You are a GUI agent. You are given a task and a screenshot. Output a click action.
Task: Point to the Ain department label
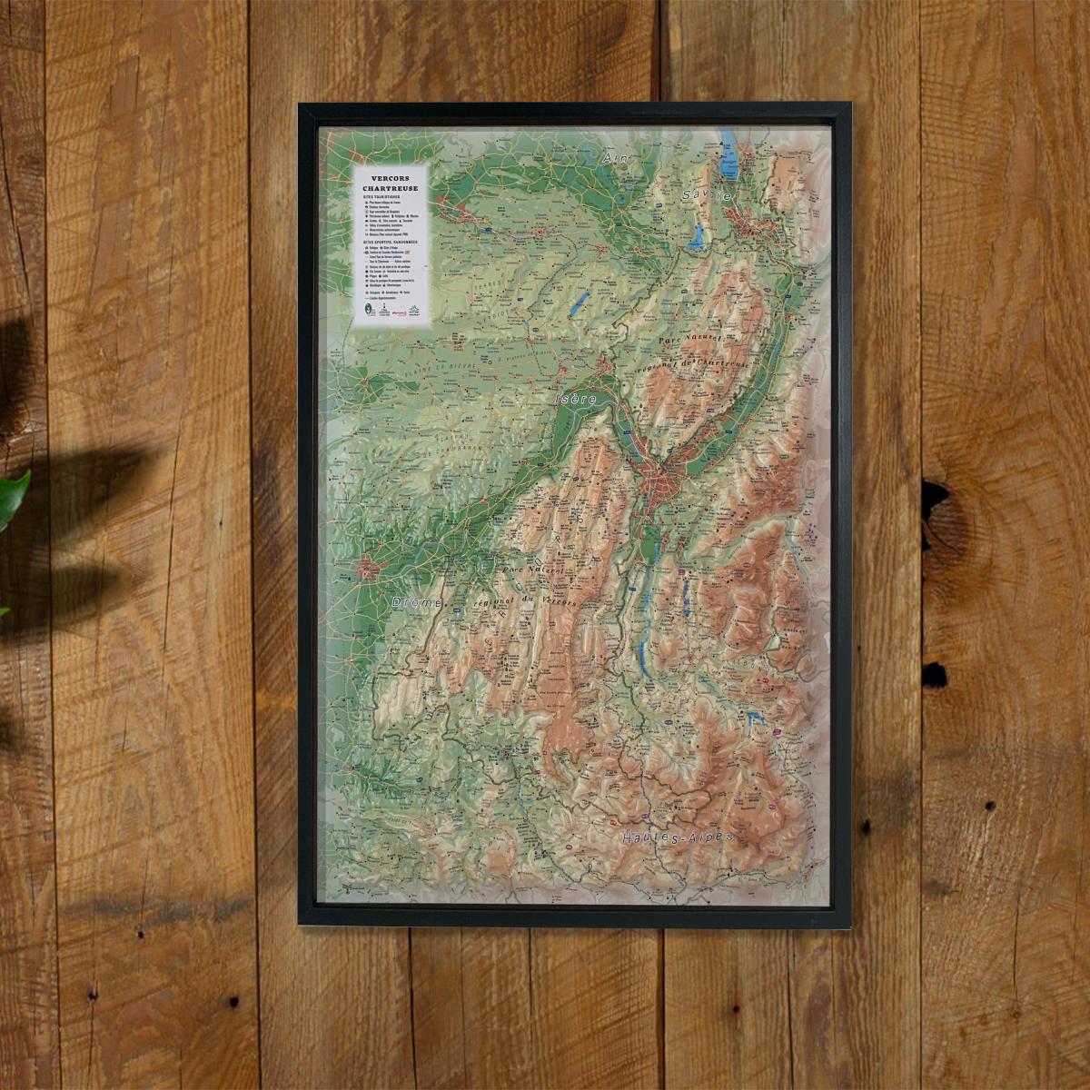(x=616, y=158)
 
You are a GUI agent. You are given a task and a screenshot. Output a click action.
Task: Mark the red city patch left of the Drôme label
(x=369, y=571)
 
